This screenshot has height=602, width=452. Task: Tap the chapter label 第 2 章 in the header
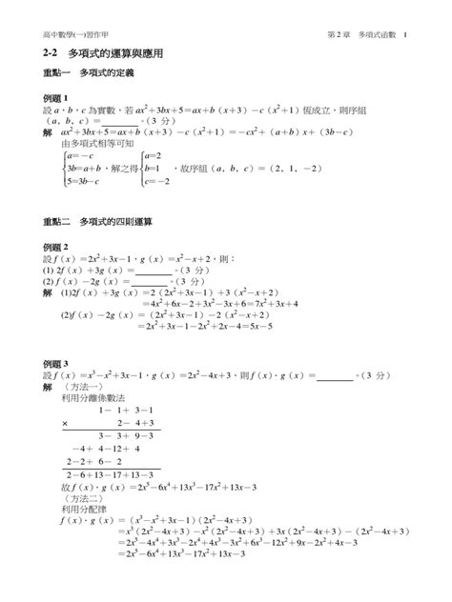[340, 35]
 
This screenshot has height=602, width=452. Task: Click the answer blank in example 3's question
[333, 376]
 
